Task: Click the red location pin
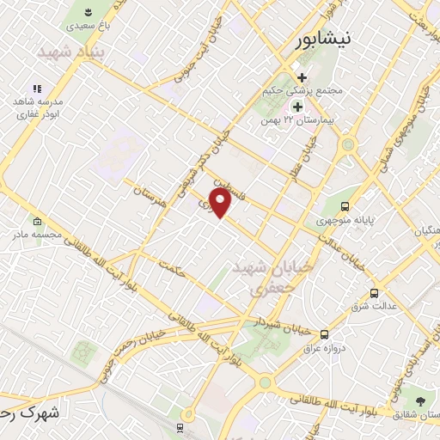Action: coord(221,203)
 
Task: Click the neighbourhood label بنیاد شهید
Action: coord(63,52)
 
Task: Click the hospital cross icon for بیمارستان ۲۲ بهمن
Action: coord(298,107)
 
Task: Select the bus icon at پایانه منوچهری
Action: coord(345,206)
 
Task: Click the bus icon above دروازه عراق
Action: coord(324,334)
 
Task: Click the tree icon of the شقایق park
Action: coord(419,400)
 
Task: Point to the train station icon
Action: coord(180,427)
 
